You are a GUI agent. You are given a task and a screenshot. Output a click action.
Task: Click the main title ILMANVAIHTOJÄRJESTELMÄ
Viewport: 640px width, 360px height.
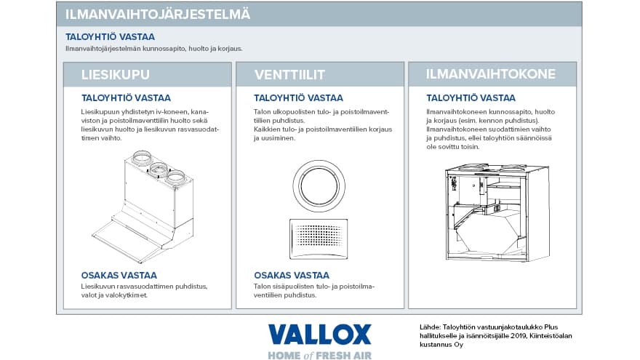[x=159, y=14]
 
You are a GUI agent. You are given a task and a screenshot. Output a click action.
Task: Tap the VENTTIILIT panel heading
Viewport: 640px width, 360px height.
[x=289, y=75]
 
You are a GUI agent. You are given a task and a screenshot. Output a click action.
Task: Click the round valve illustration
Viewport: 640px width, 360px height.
[x=319, y=183]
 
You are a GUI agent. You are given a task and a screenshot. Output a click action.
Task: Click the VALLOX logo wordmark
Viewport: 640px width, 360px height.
[x=319, y=335]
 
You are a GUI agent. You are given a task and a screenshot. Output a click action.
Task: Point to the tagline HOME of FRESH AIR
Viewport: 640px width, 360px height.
[x=319, y=354]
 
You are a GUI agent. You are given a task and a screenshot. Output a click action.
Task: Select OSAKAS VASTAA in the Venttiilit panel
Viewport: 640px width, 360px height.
[x=291, y=275]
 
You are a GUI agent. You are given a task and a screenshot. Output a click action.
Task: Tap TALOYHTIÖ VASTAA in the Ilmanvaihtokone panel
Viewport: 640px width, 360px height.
[x=471, y=97]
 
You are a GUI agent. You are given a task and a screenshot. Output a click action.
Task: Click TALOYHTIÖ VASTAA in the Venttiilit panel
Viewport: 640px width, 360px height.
[x=298, y=97]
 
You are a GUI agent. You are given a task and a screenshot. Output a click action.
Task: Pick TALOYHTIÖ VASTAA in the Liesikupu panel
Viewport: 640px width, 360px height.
[x=126, y=97]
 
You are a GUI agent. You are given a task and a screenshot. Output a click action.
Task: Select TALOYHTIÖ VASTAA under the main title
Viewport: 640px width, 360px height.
[x=110, y=36]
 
